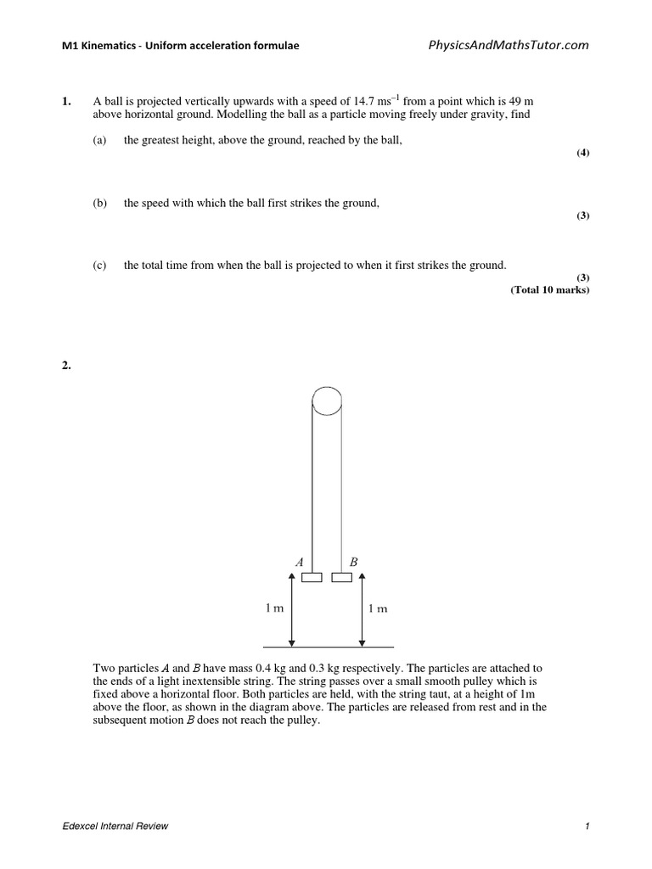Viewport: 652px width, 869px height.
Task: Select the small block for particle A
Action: tap(311, 578)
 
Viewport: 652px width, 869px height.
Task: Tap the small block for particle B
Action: tap(341, 578)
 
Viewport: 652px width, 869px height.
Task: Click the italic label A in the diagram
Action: tap(299, 562)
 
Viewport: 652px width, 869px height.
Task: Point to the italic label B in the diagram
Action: tap(354, 562)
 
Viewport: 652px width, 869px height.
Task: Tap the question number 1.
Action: tap(65, 102)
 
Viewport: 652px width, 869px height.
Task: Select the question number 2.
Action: tap(65, 366)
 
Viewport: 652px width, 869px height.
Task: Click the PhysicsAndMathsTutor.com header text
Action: tap(507, 45)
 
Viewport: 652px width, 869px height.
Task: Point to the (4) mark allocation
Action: tap(582, 153)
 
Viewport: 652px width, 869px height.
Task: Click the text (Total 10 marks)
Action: tap(549, 289)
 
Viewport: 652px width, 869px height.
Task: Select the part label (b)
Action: tap(100, 204)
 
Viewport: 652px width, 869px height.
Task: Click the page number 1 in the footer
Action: tap(587, 827)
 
